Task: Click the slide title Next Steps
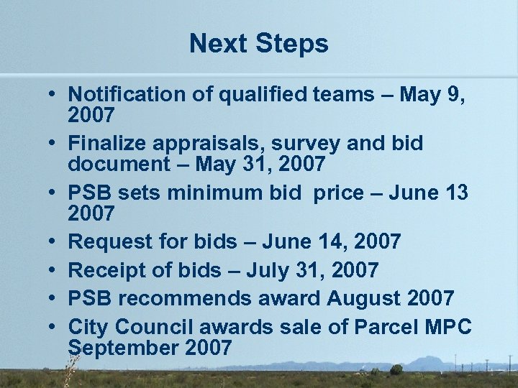(259, 44)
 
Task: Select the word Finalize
(107, 144)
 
